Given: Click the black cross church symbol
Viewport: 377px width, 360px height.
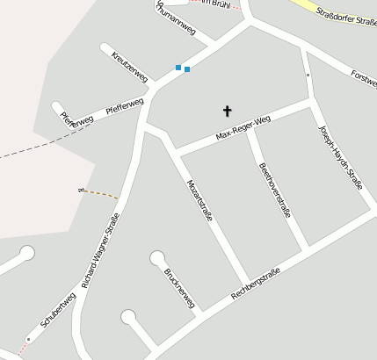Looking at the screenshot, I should tap(228, 111).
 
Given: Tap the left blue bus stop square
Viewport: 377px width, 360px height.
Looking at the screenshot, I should tap(178, 67).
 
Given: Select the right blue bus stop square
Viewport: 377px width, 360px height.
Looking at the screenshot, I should tap(187, 69).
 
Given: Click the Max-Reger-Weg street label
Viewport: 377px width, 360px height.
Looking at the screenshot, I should tap(243, 129).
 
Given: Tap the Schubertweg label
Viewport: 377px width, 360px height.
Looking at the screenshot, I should tap(57, 311).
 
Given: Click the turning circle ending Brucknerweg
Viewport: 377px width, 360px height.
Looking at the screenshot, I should tap(157, 258).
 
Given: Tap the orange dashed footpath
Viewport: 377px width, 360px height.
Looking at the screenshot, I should tap(99, 192).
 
